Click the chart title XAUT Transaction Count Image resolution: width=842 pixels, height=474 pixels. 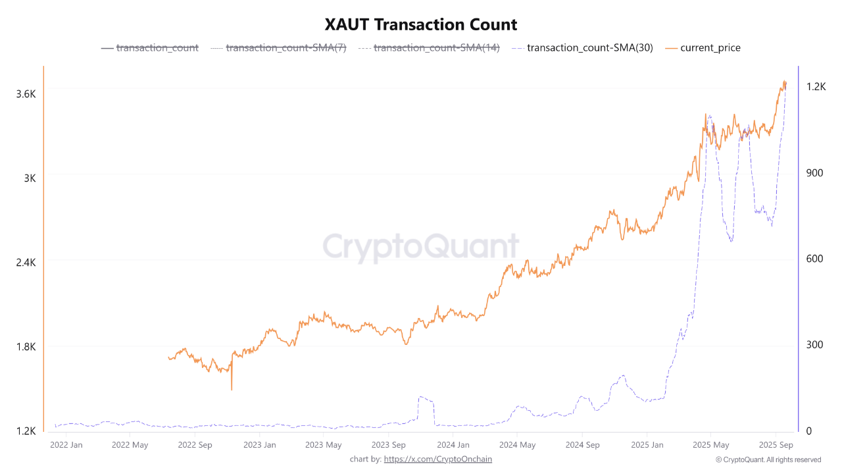[x=421, y=25]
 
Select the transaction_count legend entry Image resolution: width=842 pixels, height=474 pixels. [x=157, y=47]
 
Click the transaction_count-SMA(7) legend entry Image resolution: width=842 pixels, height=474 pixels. [x=285, y=47]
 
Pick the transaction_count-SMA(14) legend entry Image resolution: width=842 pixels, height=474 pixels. [x=436, y=47]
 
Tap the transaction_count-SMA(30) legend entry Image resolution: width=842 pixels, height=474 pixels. [x=589, y=47]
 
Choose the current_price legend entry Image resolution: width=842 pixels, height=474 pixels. [x=710, y=47]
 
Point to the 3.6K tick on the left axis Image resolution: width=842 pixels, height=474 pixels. [x=26, y=94]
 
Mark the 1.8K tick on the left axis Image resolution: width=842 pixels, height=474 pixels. [x=26, y=347]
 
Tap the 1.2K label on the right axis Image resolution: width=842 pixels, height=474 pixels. [x=816, y=86]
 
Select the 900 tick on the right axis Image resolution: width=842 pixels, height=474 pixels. [x=815, y=172]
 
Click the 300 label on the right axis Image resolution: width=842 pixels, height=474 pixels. [x=815, y=345]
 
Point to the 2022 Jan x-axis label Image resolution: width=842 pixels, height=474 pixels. [x=66, y=445]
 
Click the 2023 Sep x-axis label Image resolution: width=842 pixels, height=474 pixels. [x=389, y=445]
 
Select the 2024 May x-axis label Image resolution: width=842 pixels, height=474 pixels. [x=518, y=445]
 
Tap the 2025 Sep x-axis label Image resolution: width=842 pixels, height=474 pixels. [x=776, y=445]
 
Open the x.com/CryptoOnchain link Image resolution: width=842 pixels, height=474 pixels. [x=437, y=459]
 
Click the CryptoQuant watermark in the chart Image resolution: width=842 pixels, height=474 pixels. [x=421, y=247]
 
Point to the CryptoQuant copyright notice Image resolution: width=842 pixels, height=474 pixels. [x=768, y=460]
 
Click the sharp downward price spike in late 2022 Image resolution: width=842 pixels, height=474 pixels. [x=232, y=387]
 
